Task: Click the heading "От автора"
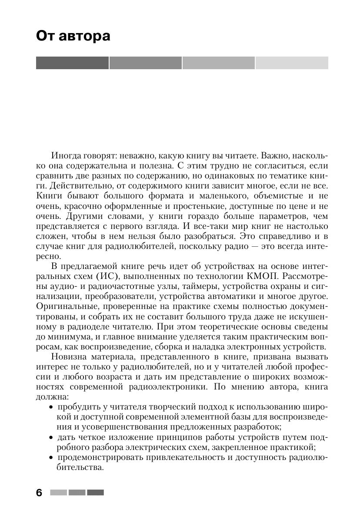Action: click(x=73, y=36)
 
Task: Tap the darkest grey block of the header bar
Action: click(x=72, y=63)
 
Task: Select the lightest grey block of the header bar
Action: click(x=291, y=63)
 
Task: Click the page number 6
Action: click(x=40, y=493)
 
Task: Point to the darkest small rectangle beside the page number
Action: click(x=95, y=493)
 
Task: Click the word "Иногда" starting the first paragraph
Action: click(x=65, y=155)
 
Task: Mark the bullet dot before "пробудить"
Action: click(x=51, y=407)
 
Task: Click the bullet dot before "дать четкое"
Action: click(x=51, y=437)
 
